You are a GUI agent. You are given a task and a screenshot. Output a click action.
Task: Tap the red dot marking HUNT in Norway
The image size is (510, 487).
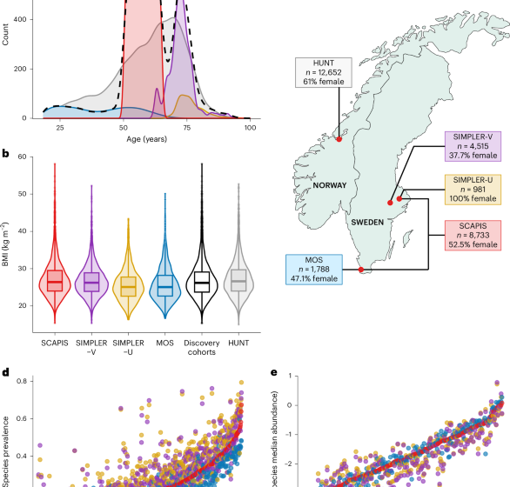coord(339,138)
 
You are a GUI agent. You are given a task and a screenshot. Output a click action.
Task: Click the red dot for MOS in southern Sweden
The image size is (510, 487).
coord(361,270)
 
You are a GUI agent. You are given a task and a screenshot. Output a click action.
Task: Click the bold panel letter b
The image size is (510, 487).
coord(6,154)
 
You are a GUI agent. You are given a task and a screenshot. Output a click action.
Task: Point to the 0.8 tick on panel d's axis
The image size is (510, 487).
coord(19,381)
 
